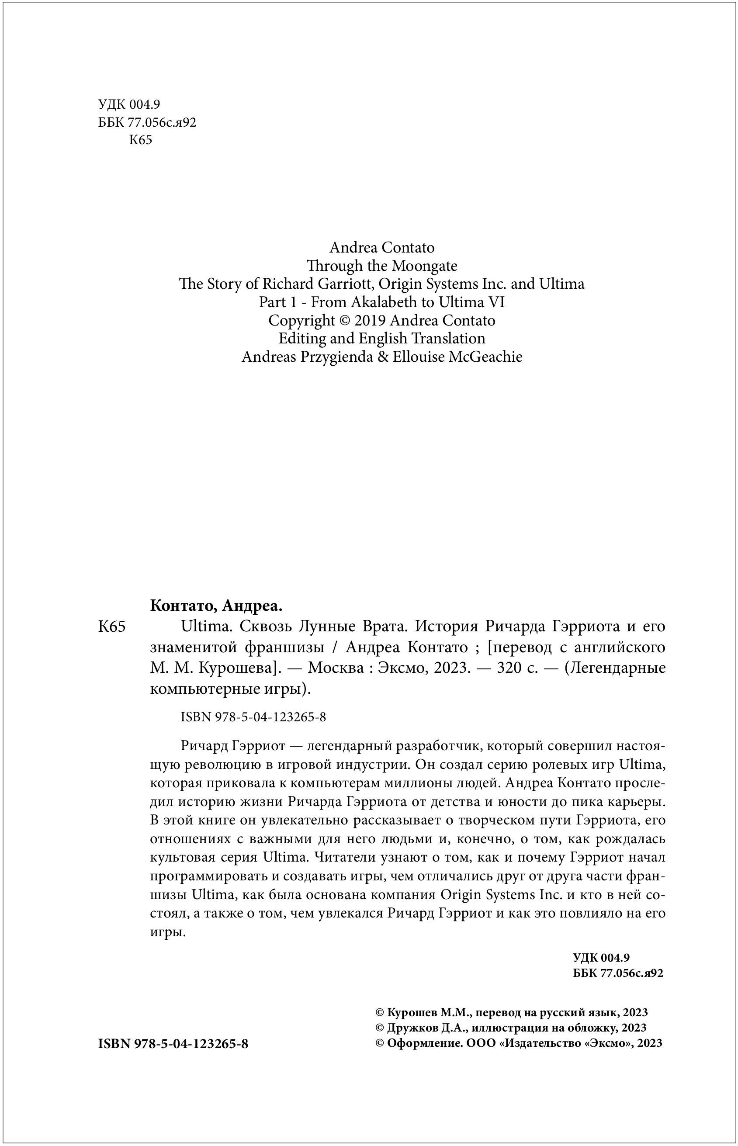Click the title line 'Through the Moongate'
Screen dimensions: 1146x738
(x=381, y=266)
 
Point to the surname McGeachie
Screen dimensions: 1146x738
(x=485, y=357)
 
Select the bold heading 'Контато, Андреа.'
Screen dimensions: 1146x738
(x=216, y=606)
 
